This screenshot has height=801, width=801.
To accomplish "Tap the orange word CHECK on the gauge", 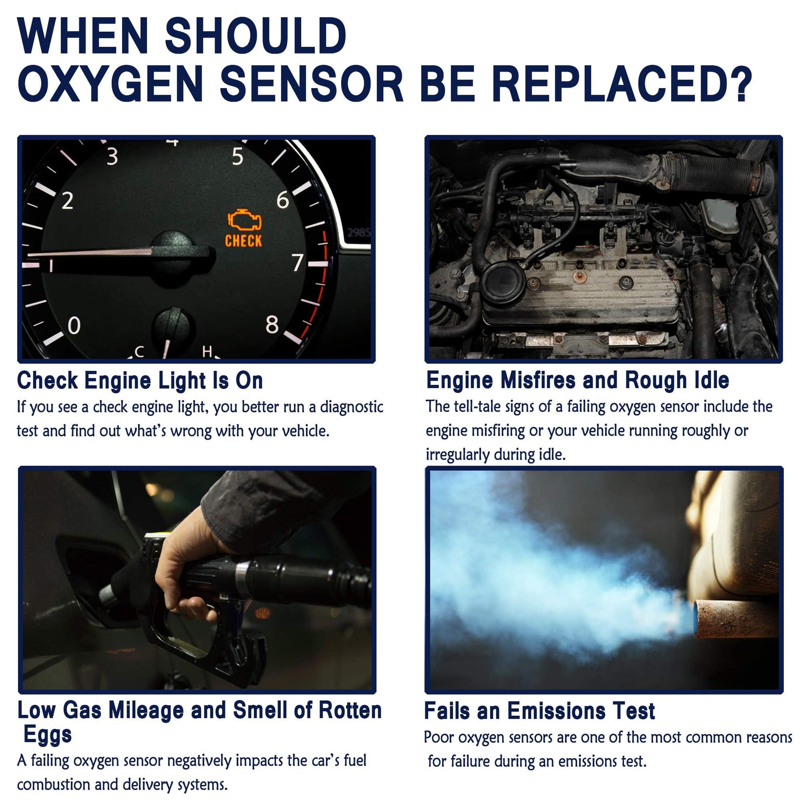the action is (243, 241).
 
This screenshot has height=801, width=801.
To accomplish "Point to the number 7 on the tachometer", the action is (298, 262).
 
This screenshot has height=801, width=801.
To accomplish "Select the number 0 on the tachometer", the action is (74, 326).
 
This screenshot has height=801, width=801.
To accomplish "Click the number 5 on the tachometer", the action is (238, 156).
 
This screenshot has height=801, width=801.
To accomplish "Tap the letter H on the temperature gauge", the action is (207, 352).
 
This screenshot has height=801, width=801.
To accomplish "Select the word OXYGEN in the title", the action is (110, 84).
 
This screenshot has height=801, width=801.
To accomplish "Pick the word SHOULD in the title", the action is (256, 36).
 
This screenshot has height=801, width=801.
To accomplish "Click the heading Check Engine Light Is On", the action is (140, 380).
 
